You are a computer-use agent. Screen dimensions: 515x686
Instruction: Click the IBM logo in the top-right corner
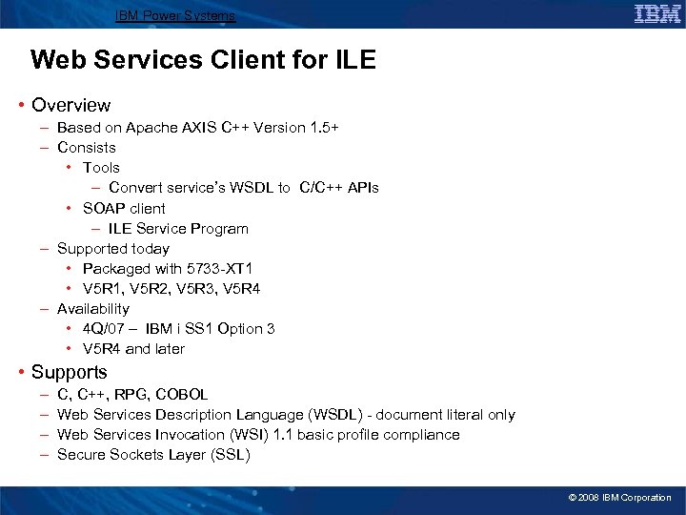656,13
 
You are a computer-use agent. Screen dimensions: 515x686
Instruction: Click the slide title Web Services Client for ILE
203,61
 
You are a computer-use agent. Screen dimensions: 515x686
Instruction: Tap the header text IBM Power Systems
174,16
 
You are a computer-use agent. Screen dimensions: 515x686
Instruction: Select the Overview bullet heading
71,105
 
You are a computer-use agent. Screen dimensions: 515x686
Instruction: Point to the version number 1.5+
321,128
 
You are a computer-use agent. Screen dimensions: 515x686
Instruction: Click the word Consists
87,148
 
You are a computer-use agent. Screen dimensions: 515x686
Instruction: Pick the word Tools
101,168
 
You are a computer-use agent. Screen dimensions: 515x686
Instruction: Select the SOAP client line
124,208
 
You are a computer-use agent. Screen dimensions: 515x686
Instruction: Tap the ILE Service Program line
178,229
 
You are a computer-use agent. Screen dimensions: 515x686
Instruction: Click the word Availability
93,309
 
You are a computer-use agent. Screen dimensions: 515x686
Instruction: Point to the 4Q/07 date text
104,329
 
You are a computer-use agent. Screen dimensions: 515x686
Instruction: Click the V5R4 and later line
133,349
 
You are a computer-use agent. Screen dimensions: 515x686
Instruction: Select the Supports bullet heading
70,372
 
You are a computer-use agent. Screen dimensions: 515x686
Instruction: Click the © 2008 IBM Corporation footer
619,498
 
